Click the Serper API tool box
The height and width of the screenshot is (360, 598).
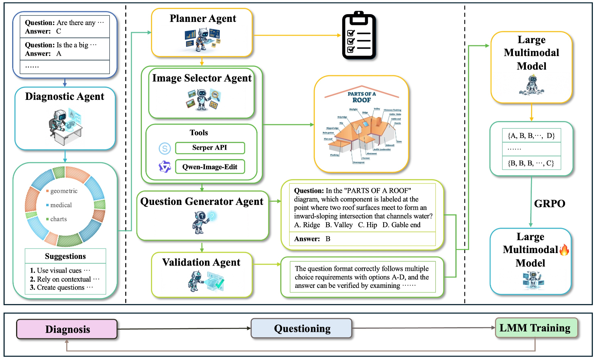(x=210, y=148)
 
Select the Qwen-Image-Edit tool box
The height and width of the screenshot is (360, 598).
(x=210, y=167)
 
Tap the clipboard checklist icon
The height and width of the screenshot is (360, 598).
(x=359, y=36)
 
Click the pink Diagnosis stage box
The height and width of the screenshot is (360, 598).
(x=67, y=329)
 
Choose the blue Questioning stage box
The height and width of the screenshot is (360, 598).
(x=302, y=328)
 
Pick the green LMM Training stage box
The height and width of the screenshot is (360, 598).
(x=535, y=328)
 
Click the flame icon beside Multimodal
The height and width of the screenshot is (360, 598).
(x=564, y=250)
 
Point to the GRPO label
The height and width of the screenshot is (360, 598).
(x=549, y=204)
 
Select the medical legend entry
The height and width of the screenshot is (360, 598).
(x=61, y=205)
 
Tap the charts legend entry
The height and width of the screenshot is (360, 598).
(x=58, y=219)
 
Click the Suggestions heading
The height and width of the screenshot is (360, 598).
(x=65, y=257)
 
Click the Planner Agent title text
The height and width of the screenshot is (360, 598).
(x=203, y=19)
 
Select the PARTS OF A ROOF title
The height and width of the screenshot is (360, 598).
(x=361, y=97)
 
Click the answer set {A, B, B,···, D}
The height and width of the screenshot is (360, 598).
(x=531, y=136)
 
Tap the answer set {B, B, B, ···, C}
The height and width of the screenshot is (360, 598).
(x=531, y=163)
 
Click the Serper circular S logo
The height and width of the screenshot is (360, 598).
(x=165, y=148)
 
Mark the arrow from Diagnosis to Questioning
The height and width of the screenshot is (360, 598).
(x=184, y=329)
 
